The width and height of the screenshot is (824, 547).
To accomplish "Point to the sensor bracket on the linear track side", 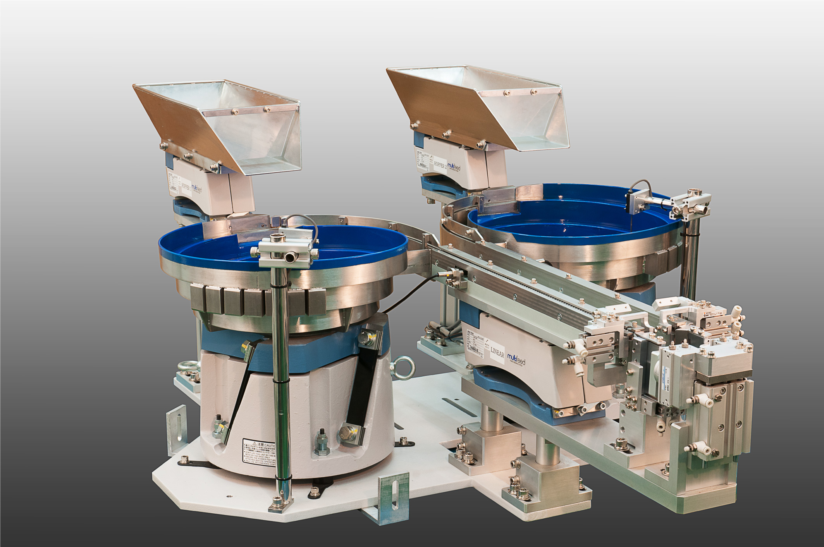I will tap(458, 278).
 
